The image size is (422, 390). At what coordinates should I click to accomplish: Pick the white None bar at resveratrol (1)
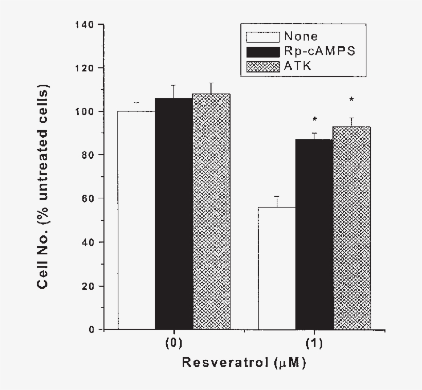(x=277, y=268)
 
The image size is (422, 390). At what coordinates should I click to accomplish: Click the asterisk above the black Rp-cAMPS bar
(x=314, y=120)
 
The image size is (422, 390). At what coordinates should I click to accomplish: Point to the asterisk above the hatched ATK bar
(x=352, y=100)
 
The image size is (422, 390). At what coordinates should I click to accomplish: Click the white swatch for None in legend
(x=263, y=37)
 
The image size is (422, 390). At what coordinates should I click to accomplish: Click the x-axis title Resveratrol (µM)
(x=244, y=363)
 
